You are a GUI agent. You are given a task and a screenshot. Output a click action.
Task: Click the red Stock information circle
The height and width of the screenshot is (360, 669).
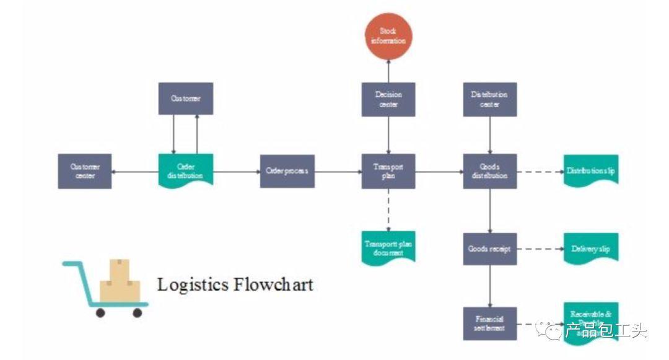click(388, 36)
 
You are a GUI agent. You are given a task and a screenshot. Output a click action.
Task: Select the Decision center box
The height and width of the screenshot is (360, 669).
click(388, 99)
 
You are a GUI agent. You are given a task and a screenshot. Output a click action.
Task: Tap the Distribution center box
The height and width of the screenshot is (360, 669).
click(489, 99)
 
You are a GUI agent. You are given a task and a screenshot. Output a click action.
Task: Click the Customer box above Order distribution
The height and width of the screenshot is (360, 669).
click(186, 99)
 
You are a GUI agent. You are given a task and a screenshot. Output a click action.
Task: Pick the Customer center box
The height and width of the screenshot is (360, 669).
click(85, 171)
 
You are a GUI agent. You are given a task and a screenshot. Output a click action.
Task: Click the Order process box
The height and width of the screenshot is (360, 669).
click(287, 171)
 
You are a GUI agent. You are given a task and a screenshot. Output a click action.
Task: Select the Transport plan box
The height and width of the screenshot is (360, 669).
click(388, 171)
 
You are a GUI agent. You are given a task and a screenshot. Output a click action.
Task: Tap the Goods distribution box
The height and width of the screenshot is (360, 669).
click(489, 171)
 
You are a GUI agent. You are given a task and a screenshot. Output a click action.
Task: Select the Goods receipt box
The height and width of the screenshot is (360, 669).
click(489, 249)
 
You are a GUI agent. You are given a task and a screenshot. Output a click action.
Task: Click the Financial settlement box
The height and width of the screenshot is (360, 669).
click(489, 323)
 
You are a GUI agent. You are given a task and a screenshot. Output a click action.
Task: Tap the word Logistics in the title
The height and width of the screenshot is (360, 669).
click(193, 284)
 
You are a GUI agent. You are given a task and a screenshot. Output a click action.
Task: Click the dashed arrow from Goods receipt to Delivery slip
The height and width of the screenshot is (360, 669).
click(540, 249)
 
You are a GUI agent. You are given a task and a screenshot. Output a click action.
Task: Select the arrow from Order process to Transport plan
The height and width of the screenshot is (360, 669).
click(338, 171)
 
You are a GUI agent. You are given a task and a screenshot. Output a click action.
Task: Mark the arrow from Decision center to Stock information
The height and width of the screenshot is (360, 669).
click(388, 70)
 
